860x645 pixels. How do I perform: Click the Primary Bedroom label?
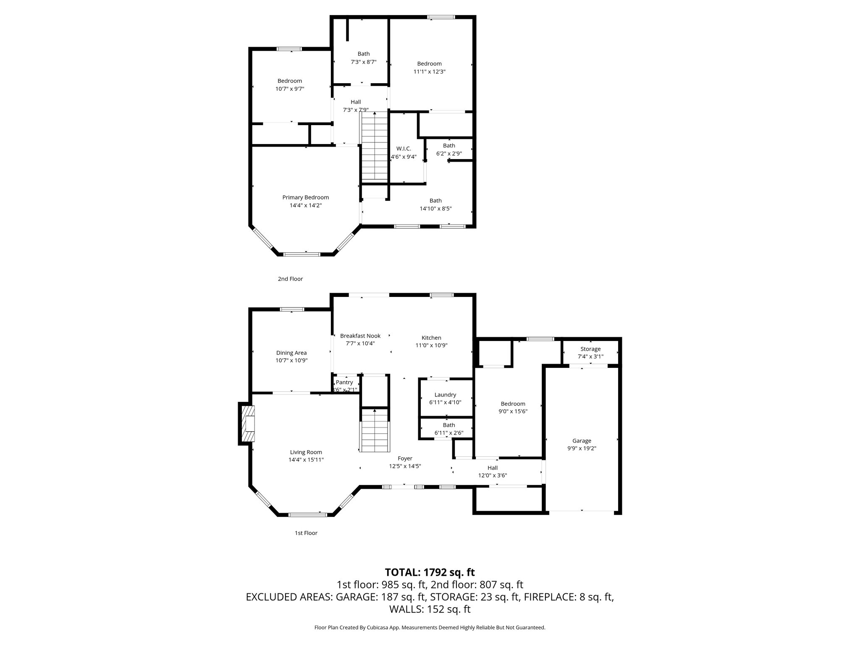click(x=305, y=197)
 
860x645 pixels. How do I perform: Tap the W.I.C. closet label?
click(x=404, y=149)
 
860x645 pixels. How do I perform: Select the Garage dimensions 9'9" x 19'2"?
click(x=582, y=448)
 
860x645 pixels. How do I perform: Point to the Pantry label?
click(x=344, y=382)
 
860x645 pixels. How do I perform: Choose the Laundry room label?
click(x=445, y=395)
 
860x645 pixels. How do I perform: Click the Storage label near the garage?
click(x=590, y=349)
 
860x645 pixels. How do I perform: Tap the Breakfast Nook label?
click(x=360, y=336)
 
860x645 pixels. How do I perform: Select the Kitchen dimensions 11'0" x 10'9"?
click(x=431, y=345)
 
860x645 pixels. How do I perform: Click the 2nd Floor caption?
click(x=290, y=279)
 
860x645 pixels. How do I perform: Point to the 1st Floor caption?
click(x=306, y=533)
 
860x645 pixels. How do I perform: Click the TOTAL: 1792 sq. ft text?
click(x=430, y=572)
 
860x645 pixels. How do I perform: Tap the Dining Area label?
click(x=291, y=353)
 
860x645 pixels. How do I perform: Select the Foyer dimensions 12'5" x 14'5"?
click(x=405, y=466)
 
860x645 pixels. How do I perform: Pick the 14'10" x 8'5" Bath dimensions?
click(x=435, y=208)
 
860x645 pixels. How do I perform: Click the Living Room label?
click(x=306, y=452)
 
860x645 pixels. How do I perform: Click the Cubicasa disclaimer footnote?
click(x=430, y=628)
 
